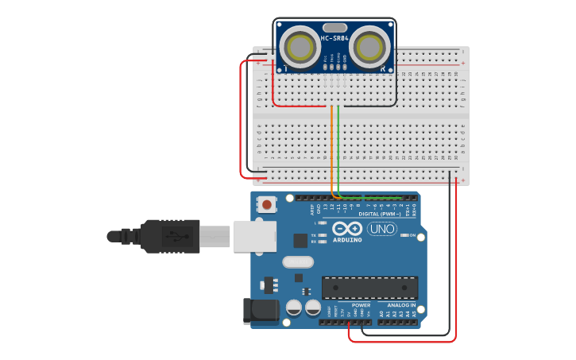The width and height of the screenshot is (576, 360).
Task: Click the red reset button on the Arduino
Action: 266,204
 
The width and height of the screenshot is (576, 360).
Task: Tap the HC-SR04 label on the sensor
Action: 334,37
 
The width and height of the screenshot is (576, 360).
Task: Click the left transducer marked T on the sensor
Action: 300,48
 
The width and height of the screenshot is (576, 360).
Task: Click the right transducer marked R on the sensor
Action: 370,48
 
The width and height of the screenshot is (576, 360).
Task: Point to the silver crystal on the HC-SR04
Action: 334,28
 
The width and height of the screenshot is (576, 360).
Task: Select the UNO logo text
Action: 381,229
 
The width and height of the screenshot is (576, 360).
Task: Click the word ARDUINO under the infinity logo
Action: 347,239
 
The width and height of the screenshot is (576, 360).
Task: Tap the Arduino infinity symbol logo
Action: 347,228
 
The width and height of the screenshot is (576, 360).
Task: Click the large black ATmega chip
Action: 369,288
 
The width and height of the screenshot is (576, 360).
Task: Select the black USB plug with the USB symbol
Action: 171,236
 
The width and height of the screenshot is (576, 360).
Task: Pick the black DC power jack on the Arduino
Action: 260,311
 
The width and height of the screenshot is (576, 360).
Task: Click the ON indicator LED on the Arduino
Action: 404,235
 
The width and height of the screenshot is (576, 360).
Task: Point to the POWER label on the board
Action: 361,305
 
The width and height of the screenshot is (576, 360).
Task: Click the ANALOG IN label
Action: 401,305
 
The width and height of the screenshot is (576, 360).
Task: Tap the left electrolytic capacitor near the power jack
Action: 294,307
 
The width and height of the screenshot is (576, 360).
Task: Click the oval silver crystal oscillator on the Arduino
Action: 298,261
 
